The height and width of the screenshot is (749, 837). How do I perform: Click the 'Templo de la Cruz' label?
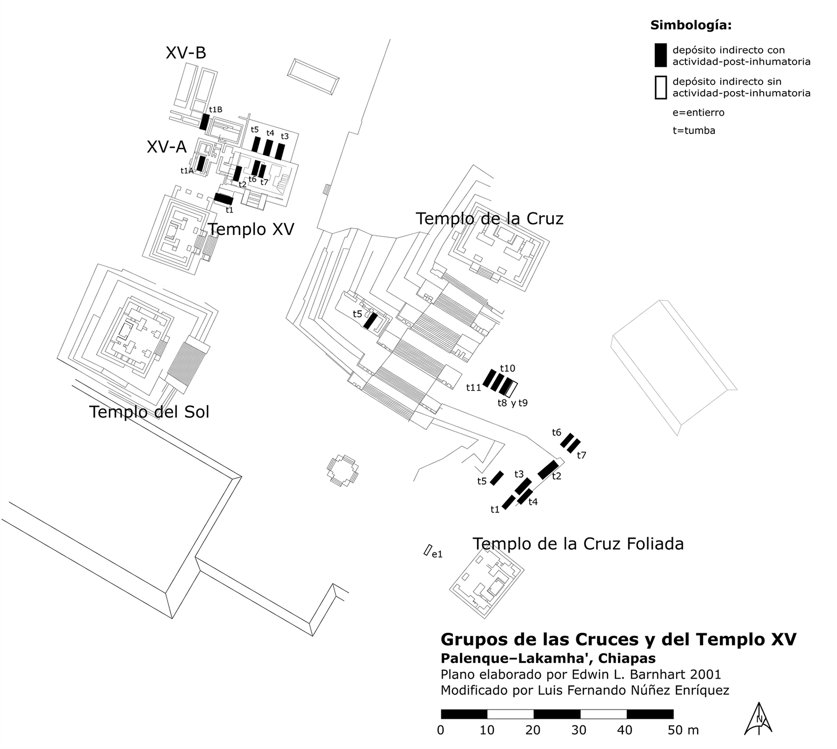pyautogui.click(x=489, y=218)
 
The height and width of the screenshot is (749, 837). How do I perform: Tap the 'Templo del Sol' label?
pyautogui.click(x=149, y=412)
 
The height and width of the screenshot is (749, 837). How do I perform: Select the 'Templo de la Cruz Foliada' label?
pyautogui.click(x=578, y=544)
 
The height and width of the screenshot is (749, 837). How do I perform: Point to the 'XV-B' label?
pyautogui.click(x=186, y=53)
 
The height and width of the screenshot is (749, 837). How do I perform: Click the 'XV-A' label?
pyautogui.click(x=167, y=147)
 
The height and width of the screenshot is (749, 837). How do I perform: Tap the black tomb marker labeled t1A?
pyautogui.click(x=201, y=163)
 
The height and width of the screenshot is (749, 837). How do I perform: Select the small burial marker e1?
pyautogui.click(x=428, y=550)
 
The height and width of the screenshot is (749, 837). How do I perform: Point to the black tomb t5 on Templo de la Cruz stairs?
pyautogui.click(x=370, y=321)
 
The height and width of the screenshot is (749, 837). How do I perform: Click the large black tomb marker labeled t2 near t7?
pyautogui.click(x=547, y=469)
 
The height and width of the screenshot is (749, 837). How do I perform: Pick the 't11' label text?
pyautogui.click(x=473, y=388)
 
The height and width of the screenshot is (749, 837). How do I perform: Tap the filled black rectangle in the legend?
pyautogui.click(x=660, y=55)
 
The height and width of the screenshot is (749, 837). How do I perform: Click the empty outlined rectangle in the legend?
pyautogui.click(x=660, y=87)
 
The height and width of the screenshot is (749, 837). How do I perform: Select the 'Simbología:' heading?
pyautogui.click(x=691, y=25)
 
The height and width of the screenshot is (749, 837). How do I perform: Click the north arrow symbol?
pyautogui.click(x=759, y=718)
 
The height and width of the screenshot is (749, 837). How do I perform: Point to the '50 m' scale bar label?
pyautogui.click(x=683, y=730)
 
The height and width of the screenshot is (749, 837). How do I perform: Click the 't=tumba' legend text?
pyautogui.click(x=694, y=130)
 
